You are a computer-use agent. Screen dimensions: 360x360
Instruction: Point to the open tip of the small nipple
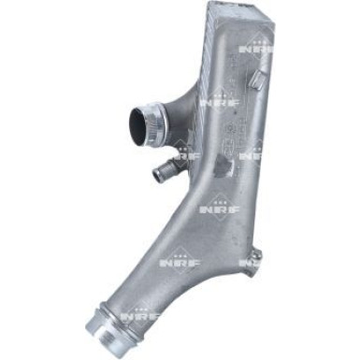click(157, 174)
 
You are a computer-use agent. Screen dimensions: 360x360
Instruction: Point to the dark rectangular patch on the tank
click(224, 166)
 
